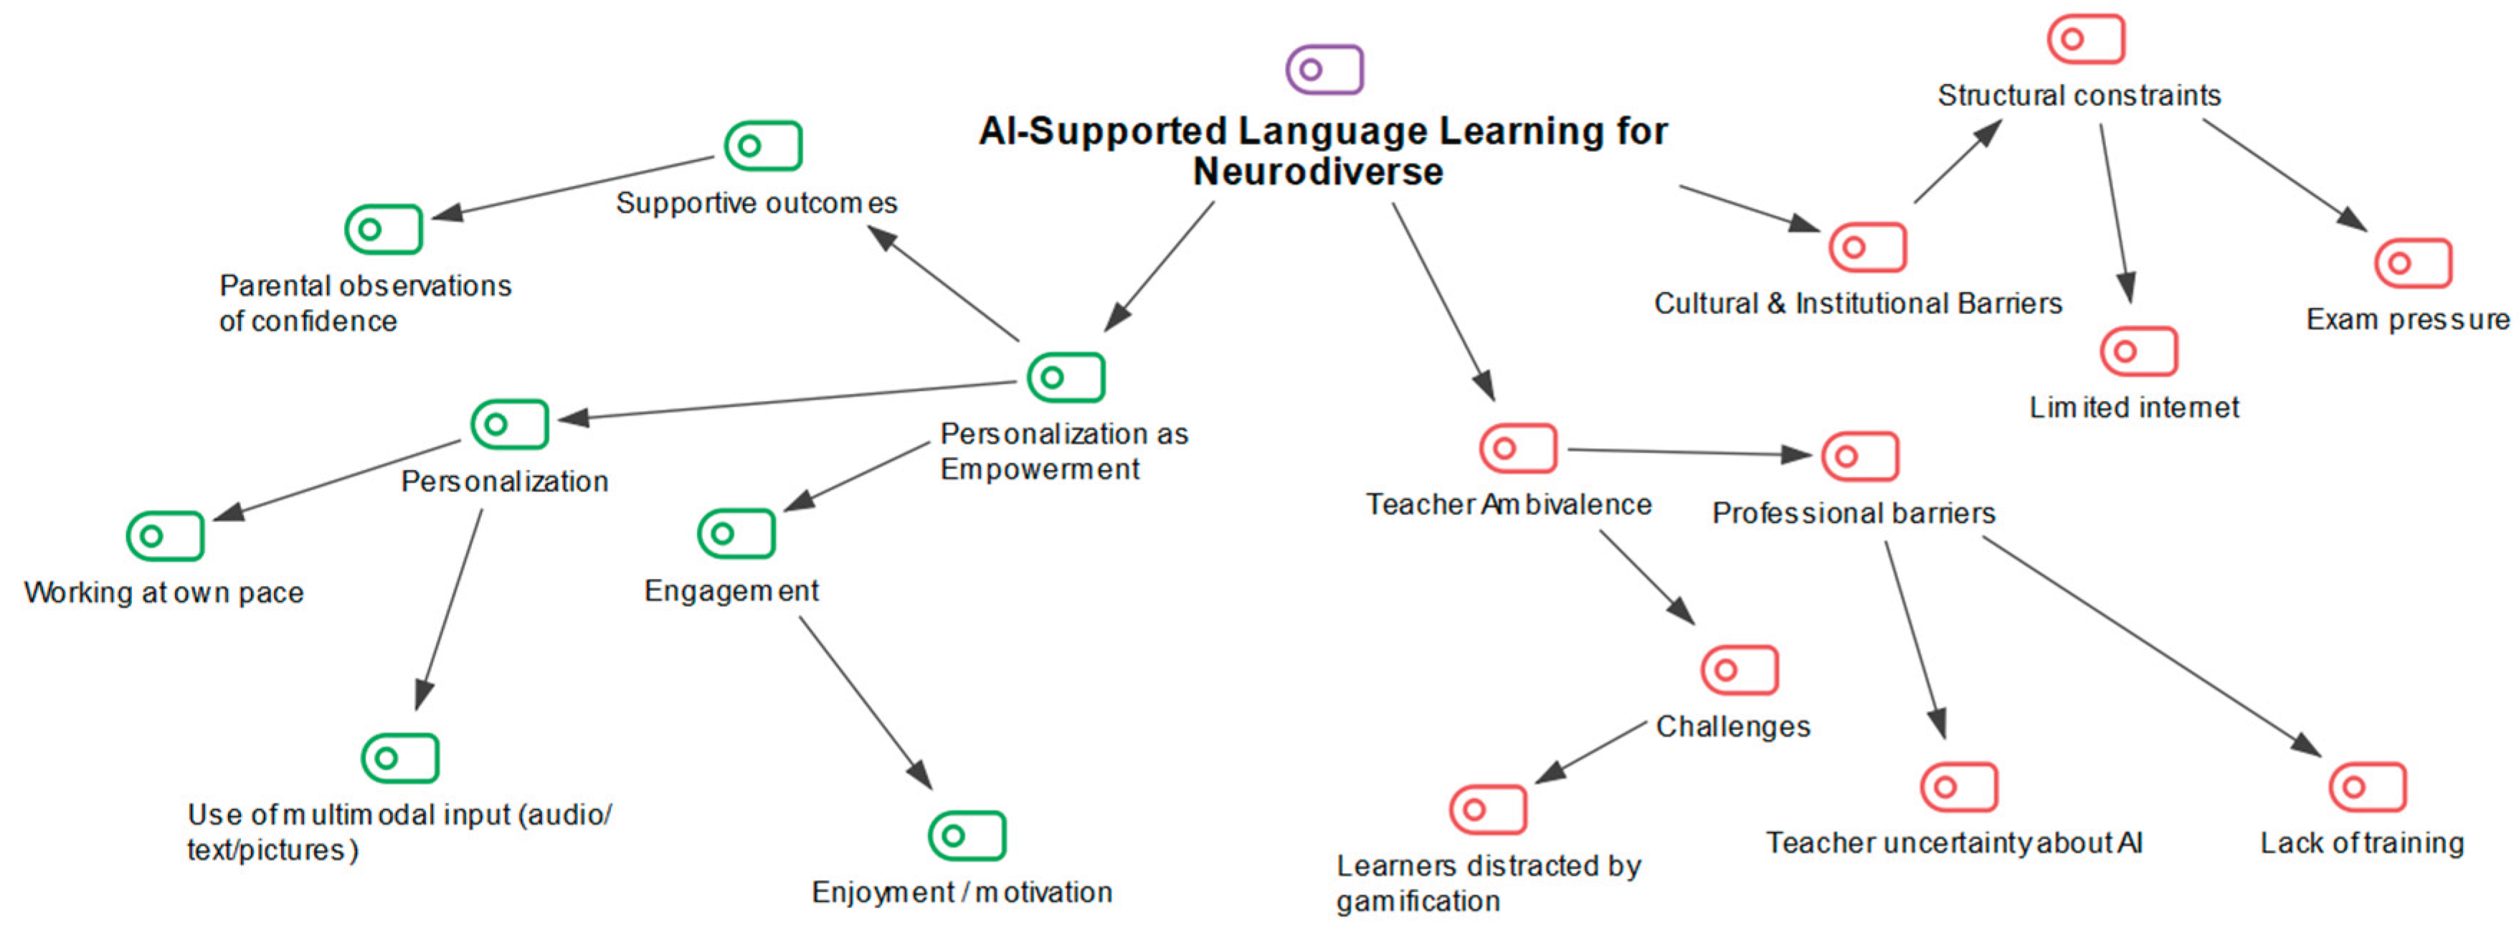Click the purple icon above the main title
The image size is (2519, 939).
coord(1324,70)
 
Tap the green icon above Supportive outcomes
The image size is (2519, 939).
coord(763,146)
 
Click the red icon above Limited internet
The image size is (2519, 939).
coord(2139,351)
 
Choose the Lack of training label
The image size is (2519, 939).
coord(2361,842)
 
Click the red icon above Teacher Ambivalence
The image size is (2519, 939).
coord(1518,448)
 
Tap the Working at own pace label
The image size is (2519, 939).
coord(163,593)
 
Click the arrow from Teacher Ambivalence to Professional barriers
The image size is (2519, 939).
coord(1690,452)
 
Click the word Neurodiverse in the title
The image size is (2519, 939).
coord(1318,172)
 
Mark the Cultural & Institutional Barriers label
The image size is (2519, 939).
coord(1858,303)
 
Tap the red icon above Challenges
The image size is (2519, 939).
coord(1740,670)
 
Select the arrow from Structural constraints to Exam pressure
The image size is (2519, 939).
coord(2285,175)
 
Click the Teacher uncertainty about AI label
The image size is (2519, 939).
coord(1954,842)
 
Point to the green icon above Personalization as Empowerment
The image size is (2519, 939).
coord(1066,377)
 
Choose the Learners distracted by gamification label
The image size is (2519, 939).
coord(1489,882)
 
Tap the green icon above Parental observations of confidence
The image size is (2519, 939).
coord(384,229)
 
